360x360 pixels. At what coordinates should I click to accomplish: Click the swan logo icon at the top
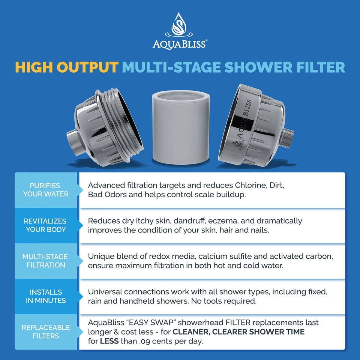[179, 25]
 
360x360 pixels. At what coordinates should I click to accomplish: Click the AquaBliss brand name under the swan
[179, 44]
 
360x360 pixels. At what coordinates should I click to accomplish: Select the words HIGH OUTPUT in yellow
[67, 67]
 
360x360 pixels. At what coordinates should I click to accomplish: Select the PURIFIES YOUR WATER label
[46, 190]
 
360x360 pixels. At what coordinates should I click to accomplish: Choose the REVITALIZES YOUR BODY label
[46, 225]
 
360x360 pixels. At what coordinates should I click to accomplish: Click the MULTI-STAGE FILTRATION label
[46, 261]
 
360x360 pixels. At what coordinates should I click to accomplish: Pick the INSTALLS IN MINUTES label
[46, 296]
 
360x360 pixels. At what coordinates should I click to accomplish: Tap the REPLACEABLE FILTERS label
[46, 331]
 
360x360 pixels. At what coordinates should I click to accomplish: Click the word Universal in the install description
[105, 292]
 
